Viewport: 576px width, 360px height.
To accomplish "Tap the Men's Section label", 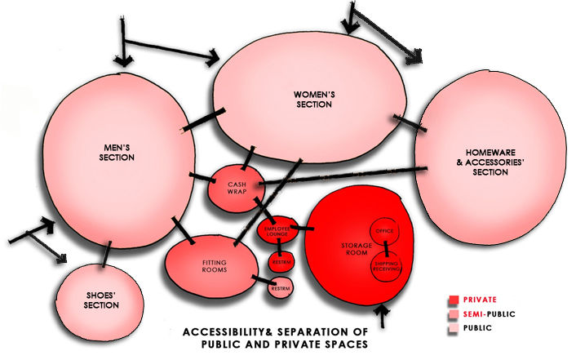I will [116, 152].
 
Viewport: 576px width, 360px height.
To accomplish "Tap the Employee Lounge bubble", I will [277, 231].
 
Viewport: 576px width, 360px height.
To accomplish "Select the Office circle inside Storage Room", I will [384, 232].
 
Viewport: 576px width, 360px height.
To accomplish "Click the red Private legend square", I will [452, 299].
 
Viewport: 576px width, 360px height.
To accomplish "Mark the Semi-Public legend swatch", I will [452, 314].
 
